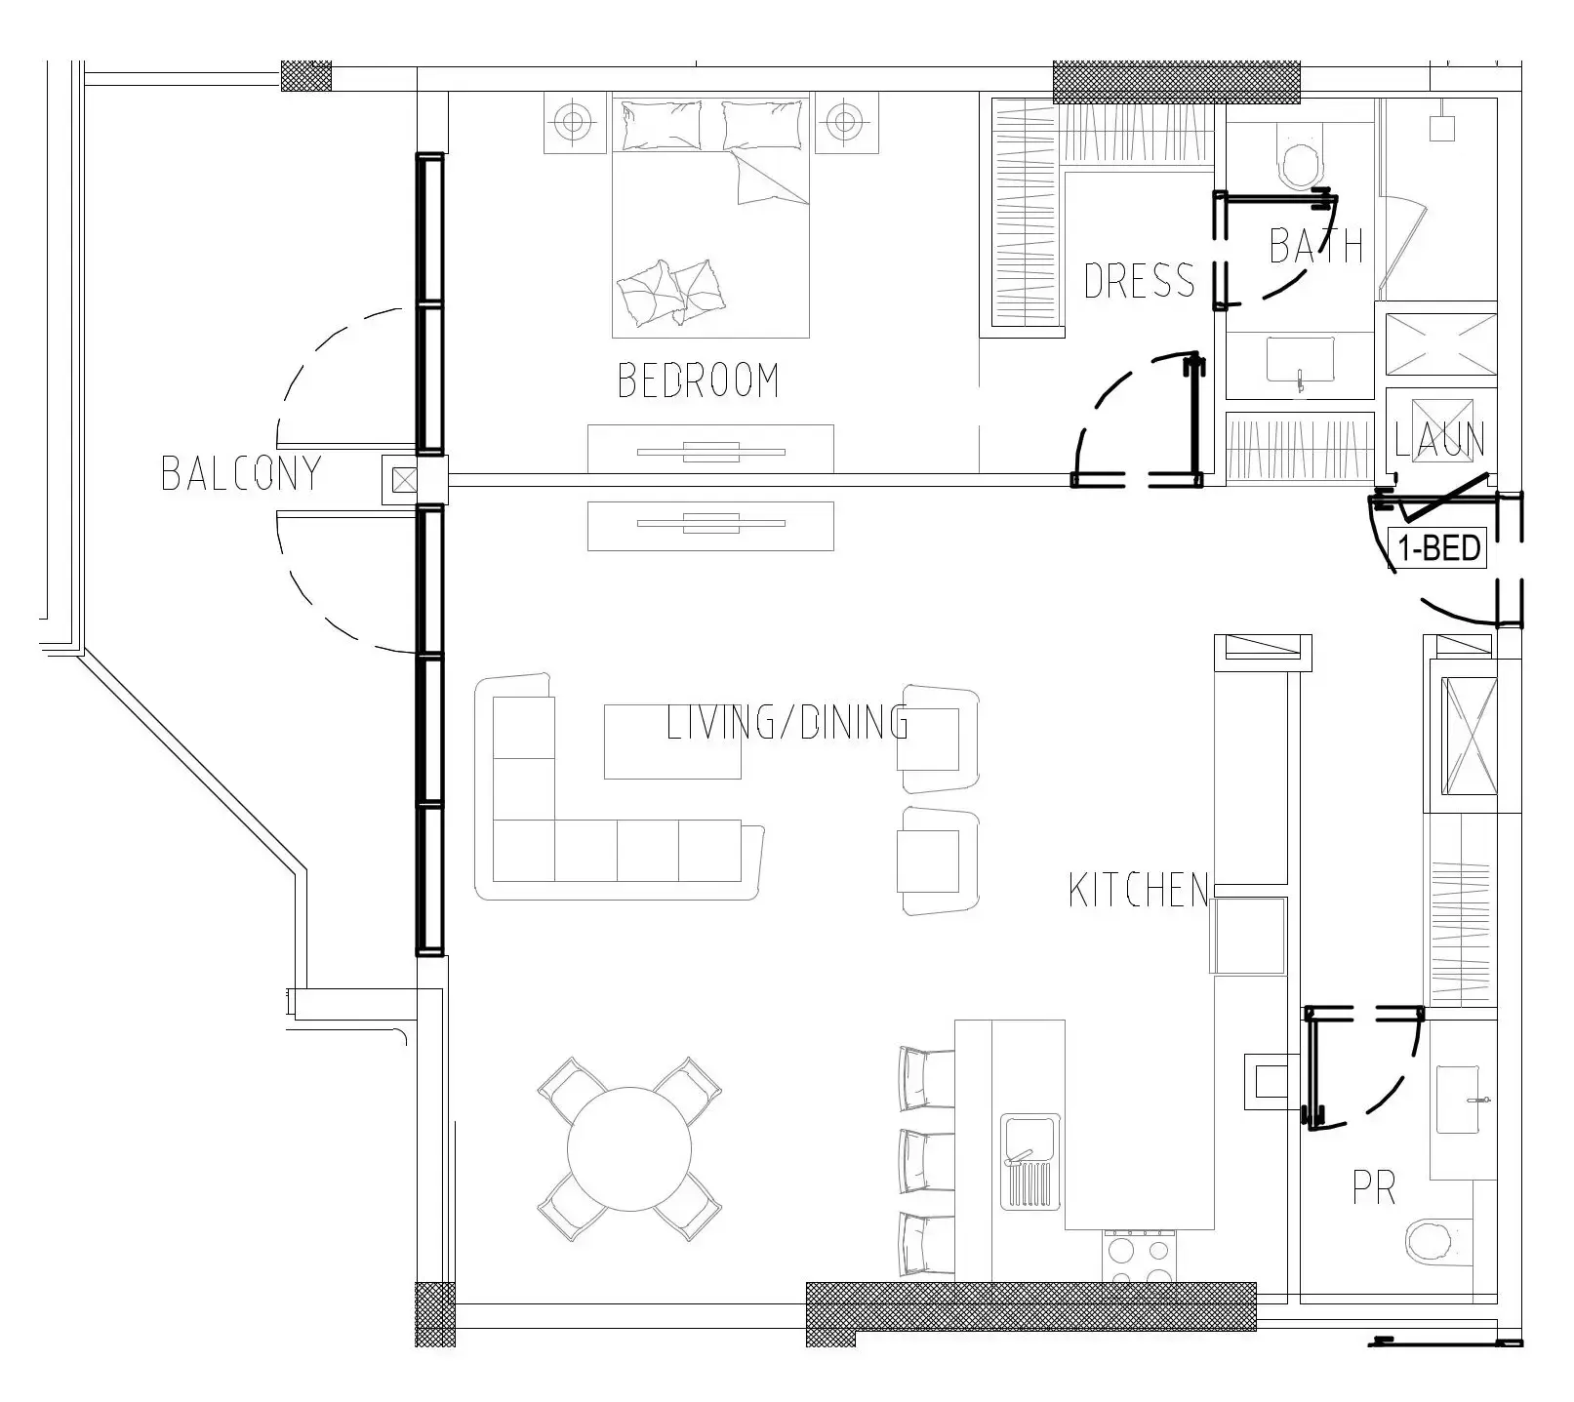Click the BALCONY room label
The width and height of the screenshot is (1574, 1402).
[x=241, y=473]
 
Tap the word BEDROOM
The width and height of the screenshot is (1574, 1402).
[x=699, y=381]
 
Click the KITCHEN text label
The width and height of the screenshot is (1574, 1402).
[x=1139, y=891]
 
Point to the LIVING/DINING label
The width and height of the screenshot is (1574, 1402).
[x=787, y=724]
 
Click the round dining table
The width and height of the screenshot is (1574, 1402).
[x=629, y=1148]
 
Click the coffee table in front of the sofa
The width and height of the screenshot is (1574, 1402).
[x=671, y=741]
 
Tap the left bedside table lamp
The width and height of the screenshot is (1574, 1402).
[x=574, y=122]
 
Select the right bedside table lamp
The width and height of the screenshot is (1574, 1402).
[x=841, y=122]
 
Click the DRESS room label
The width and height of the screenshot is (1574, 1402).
[x=1139, y=281]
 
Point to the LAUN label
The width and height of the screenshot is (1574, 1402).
[x=1439, y=440]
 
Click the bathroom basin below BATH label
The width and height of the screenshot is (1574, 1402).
[x=1300, y=360]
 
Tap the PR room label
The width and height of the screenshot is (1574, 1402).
[x=1373, y=1188]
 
